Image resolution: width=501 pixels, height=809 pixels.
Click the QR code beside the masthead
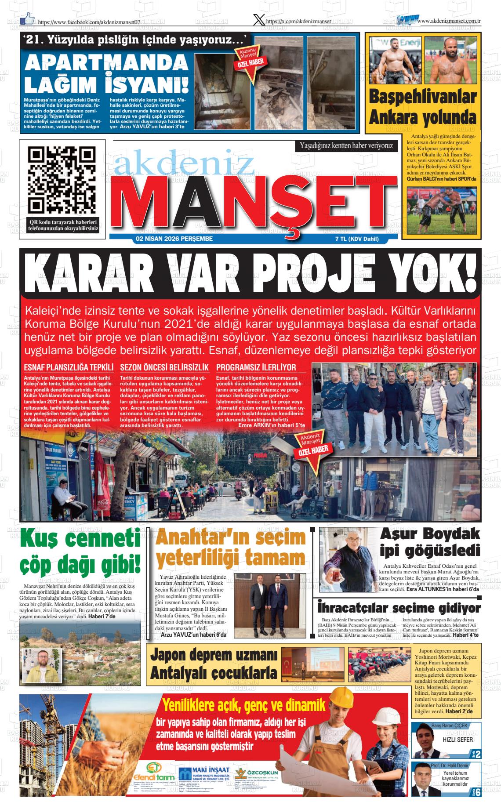62,180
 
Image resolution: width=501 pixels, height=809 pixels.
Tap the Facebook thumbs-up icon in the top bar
28,18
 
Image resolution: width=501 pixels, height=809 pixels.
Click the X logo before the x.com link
259,20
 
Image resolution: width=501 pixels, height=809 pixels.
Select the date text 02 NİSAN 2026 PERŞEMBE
174,239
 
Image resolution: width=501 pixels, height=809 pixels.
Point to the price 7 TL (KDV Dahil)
356,239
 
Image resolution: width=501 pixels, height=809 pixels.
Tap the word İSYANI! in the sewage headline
147,84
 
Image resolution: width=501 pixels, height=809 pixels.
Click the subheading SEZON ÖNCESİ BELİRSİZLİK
164,367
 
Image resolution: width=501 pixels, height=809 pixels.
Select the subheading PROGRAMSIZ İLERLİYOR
256,367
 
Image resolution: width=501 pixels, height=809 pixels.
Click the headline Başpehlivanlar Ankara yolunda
422,108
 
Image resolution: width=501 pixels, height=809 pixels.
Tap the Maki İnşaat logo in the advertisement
204,773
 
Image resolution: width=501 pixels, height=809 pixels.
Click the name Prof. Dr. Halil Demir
456,765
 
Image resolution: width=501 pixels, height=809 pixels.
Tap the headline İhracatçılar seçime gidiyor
399,608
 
